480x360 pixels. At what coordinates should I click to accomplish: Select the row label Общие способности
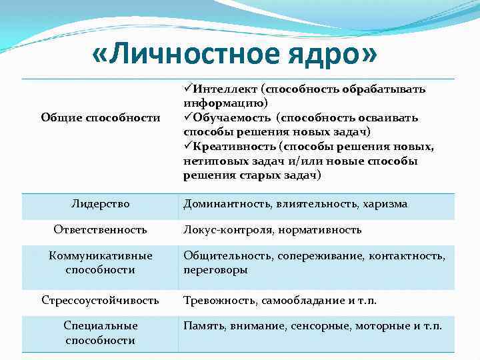[100, 118]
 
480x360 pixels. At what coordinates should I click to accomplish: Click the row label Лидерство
[100, 204]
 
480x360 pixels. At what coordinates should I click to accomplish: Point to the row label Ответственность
[100, 230]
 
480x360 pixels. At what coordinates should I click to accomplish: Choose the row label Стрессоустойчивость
[100, 301]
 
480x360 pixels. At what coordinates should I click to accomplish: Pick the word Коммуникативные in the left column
[100, 256]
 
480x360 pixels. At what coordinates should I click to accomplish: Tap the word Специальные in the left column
[100, 327]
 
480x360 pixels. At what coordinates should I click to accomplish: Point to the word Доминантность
[227, 204]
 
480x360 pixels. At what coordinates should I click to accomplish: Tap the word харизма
[385, 204]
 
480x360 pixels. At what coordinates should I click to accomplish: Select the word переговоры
[215, 270]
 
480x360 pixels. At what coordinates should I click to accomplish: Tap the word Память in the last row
[205, 327]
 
